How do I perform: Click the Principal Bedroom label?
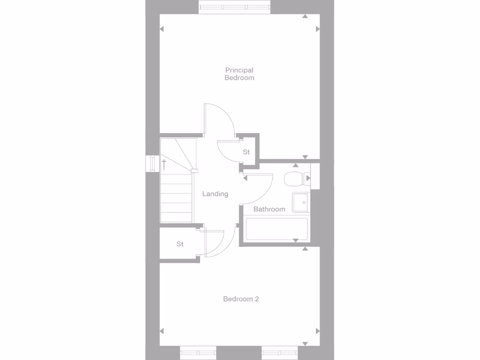pos(239,74)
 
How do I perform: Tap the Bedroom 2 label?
pos(241,299)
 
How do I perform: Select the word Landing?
pos(215,194)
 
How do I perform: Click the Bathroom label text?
pos(269,209)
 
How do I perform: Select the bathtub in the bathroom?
pos(277,229)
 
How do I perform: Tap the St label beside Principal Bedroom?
pos(246,152)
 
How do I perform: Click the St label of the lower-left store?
pos(180,244)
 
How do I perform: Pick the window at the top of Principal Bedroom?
pos(234,7)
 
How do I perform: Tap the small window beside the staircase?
pos(152,164)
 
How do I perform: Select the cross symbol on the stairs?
pos(164,164)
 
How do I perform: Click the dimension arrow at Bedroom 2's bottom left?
pos(162,330)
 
